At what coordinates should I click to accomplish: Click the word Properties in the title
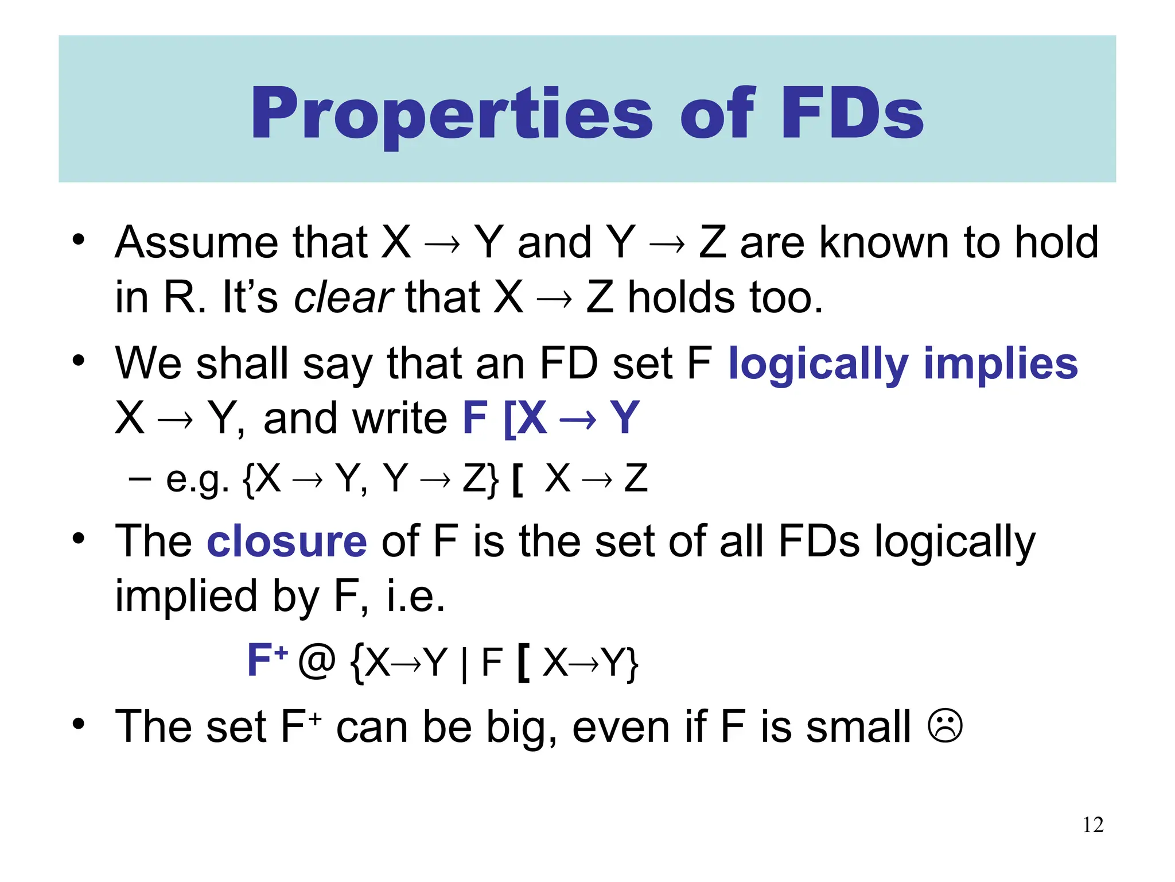pos(452,113)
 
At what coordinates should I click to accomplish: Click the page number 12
pos(1093,825)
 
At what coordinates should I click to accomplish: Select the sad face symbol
pos(944,726)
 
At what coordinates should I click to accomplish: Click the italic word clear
pos(343,297)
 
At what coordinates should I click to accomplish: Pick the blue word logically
pos(818,364)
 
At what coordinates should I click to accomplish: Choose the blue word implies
pos(1001,364)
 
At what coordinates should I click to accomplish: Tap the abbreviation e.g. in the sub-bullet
pos(197,479)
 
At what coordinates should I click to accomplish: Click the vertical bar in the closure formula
pos(464,664)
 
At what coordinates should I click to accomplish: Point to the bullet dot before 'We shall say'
pos(79,361)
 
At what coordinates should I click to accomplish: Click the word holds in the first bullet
pos(681,297)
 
